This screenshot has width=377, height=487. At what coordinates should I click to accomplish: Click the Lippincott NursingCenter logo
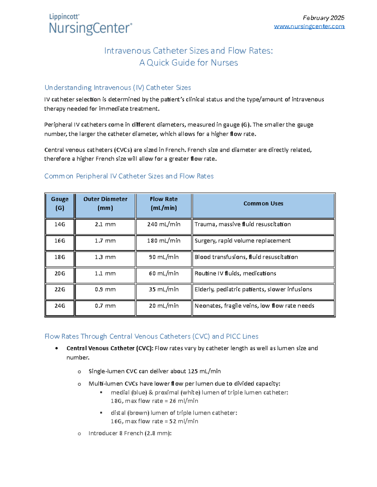point(90,24)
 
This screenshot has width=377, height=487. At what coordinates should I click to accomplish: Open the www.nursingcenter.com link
point(309,26)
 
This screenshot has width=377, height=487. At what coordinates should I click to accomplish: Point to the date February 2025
point(323,18)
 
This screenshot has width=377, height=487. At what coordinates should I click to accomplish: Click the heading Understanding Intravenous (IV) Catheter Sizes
point(117,87)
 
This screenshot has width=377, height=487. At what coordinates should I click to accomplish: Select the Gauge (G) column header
point(60,204)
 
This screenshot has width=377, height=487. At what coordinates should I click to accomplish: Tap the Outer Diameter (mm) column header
point(105,204)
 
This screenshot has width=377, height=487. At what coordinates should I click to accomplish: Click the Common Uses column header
point(263,204)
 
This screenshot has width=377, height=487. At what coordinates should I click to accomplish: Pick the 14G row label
point(60,225)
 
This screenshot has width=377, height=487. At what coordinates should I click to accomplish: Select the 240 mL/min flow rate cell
point(164,225)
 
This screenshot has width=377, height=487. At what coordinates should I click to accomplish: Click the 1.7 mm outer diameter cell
point(105,241)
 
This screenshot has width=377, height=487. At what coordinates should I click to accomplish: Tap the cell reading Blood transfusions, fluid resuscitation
point(246,257)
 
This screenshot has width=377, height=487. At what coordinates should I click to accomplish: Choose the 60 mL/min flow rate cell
point(164,273)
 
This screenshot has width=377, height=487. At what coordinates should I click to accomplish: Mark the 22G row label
point(60,289)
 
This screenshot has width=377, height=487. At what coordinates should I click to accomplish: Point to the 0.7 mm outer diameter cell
point(105,306)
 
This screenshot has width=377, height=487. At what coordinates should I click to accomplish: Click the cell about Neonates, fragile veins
point(254,306)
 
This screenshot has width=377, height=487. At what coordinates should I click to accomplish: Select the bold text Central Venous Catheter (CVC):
point(110,348)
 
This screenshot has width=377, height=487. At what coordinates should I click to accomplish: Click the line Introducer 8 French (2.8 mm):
point(130,433)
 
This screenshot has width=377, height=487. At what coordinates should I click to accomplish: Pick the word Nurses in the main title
point(224,63)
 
